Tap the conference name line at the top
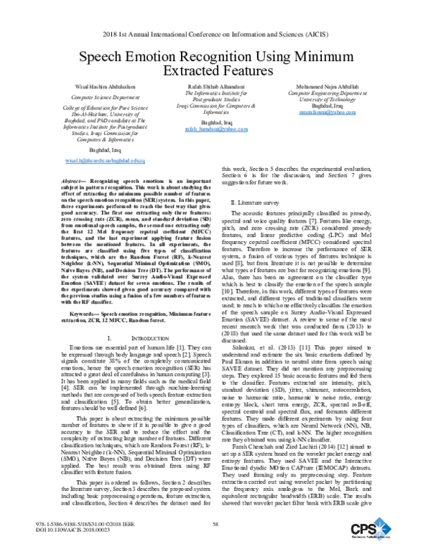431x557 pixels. point(215,34)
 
